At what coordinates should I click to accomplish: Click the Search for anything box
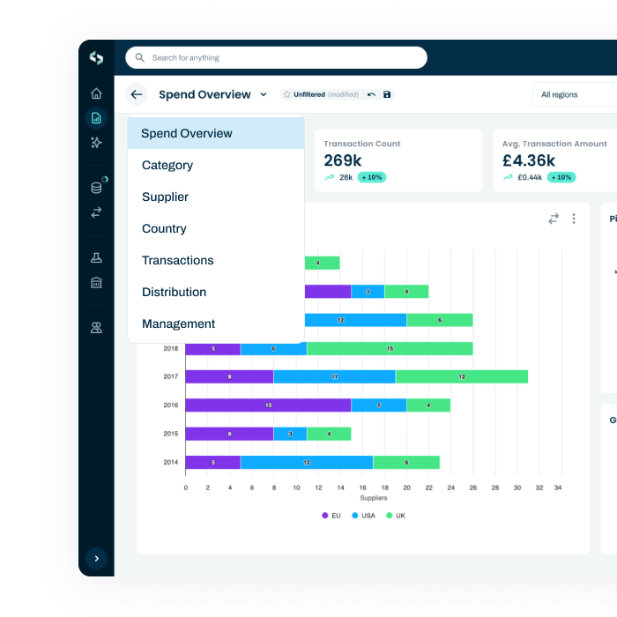pyautogui.click(x=275, y=58)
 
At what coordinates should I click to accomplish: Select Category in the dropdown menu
pyautogui.click(x=167, y=165)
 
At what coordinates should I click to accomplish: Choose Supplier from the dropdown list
pyautogui.click(x=165, y=197)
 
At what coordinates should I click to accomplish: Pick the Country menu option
pyautogui.click(x=164, y=228)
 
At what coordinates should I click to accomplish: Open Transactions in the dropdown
pyautogui.click(x=177, y=260)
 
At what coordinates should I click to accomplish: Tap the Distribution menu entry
pyautogui.click(x=174, y=292)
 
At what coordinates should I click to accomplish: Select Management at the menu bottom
pyautogui.click(x=178, y=323)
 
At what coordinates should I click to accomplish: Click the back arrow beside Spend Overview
pyautogui.click(x=136, y=94)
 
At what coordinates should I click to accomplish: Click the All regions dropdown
pyautogui.click(x=573, y=94)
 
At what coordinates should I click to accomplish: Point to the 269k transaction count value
pyautogui.click(x=343, y=160)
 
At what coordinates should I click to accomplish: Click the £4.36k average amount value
pyautogui.click(x=529, y=160)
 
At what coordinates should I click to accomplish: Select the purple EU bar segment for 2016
pyautogui.click(x=268, y=405)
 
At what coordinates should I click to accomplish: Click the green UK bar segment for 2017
pyautogui.click(x=461, y=376)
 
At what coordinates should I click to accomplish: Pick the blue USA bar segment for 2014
pyautogui.click(x=306, y=462)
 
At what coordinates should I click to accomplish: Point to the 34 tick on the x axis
pyautogui.click(x=557, y=487)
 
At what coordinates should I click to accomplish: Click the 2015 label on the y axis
pyautogui.click(x=170, y=434)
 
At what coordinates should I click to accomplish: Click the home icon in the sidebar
pyautogui.click(x=96, y=93)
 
